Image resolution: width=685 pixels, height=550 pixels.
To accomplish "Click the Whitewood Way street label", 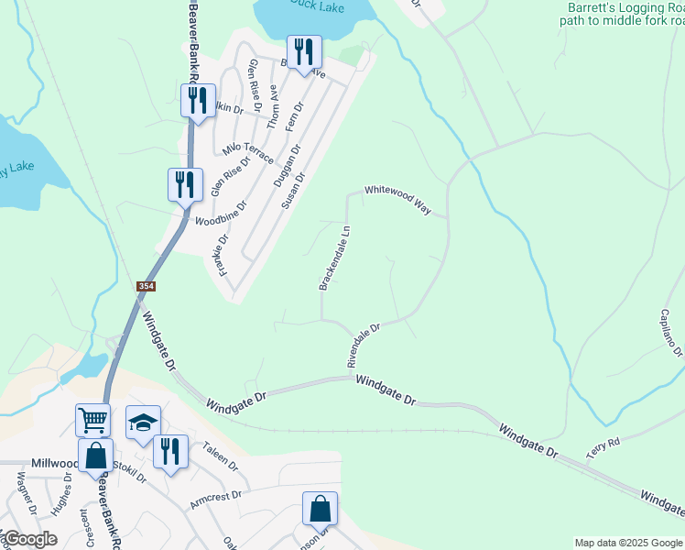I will point(398,199).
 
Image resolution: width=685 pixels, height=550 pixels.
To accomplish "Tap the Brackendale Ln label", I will point(335,259).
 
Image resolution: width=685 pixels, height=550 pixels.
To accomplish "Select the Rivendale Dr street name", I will point(364,345).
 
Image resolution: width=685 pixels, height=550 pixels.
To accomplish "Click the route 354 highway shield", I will point(147,287).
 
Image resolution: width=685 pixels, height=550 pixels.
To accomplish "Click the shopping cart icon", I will point(92,420).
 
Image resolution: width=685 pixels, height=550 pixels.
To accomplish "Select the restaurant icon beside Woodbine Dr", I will point(185,183).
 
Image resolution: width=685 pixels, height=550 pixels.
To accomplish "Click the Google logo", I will point(29,539).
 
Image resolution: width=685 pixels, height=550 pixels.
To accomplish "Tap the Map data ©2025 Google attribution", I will point(627,543).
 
